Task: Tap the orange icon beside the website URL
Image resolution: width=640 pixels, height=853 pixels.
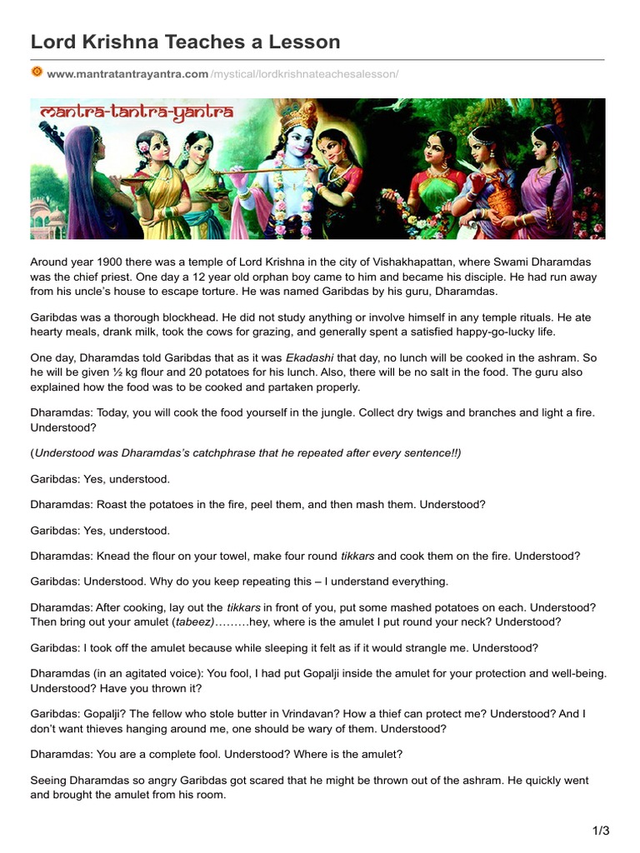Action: tap(37, 73)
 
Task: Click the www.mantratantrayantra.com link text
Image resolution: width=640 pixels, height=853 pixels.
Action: tap(127, 74)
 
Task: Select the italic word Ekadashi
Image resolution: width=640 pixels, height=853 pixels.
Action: tap(310, 357)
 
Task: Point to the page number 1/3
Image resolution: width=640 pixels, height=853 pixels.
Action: tap(601, 831)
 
